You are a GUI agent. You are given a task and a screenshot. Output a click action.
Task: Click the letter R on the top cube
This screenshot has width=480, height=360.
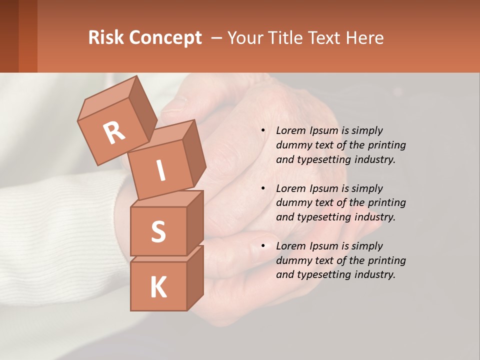(114, 132)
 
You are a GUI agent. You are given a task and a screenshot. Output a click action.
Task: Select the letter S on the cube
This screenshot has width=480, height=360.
(158, 231)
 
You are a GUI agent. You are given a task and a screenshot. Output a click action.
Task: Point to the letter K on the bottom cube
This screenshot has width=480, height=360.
(158, 287)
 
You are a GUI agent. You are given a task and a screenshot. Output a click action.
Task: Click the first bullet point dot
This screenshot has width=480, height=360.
(263, 131)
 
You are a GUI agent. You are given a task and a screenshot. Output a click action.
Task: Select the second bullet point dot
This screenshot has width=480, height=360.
(263, 189)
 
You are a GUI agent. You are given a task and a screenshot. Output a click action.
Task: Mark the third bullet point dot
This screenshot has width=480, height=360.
(263, 246)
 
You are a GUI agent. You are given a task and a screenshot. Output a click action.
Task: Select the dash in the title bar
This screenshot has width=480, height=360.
(217, 37)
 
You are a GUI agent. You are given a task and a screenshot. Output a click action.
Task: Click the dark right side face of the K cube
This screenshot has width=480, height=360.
(195, 277)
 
